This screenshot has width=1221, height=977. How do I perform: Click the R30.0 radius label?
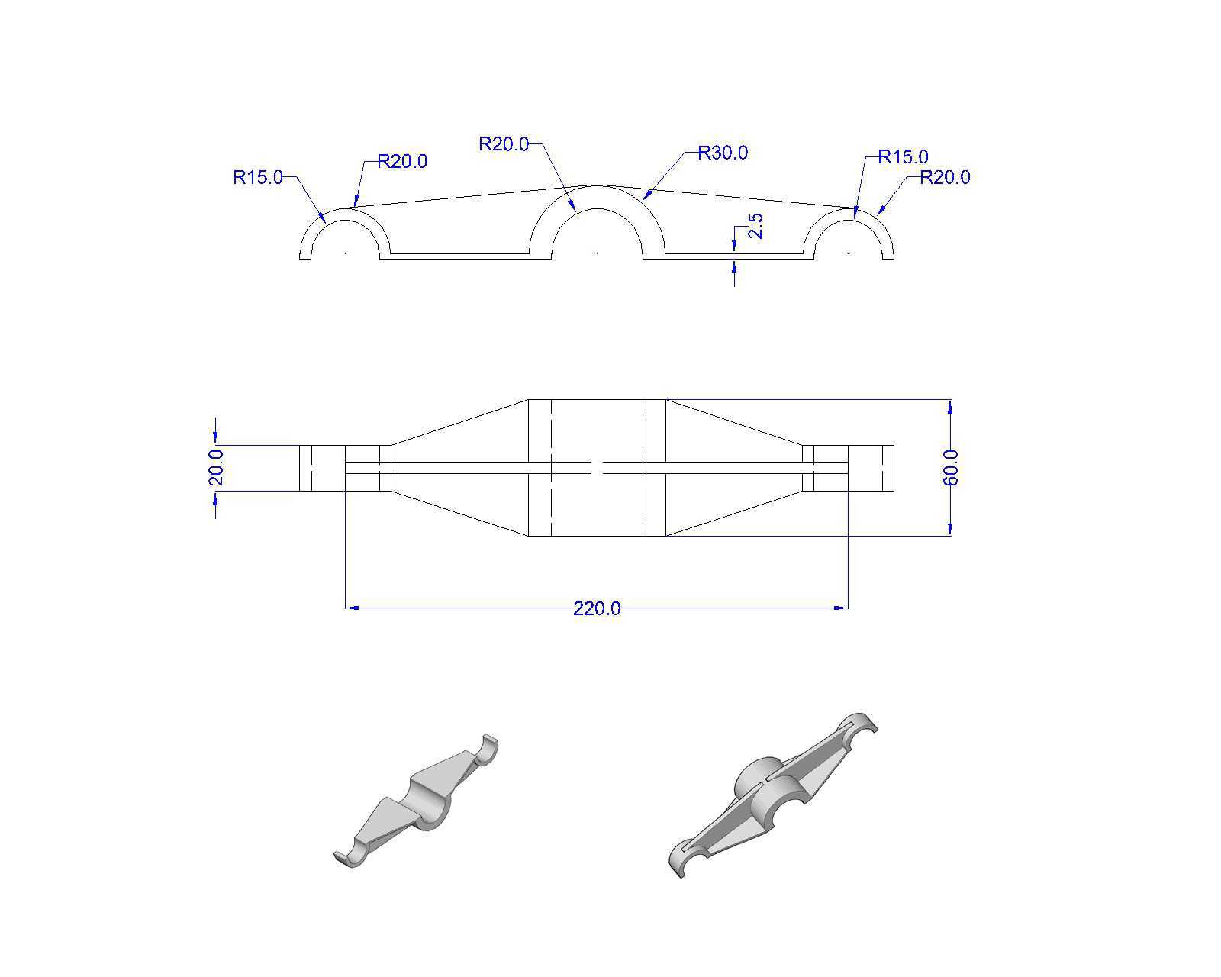point(722,153)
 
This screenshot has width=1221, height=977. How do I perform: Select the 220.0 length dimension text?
point(597,608)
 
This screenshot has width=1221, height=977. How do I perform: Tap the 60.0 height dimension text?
point(951,468)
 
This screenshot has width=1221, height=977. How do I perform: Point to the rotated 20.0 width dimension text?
point(216,467)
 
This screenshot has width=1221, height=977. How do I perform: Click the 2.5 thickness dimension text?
point(755,226)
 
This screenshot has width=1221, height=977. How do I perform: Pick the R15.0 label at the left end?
point(258,178)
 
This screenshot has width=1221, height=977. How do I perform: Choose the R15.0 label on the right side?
point(904,156)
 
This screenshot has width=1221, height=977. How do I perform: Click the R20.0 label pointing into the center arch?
point(504,144)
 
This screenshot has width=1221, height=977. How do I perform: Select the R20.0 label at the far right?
point(945,177)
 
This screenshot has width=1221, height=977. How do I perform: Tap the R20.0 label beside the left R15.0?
point(402,161)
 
